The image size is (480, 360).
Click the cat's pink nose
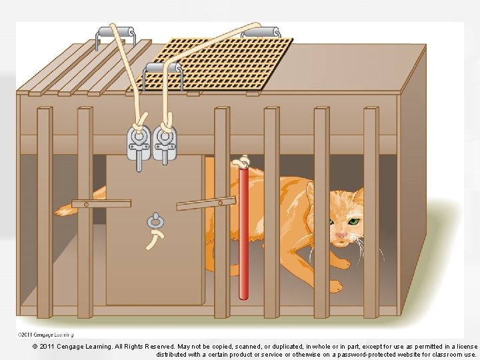(x=341, y=235)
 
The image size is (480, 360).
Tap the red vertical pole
(x=243, y=233)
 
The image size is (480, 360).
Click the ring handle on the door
(x=155, y=221)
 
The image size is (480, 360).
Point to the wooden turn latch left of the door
(x=101, y=203)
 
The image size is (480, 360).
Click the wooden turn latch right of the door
(x=206, y=203)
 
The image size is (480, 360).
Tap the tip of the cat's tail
(x=58, y=211)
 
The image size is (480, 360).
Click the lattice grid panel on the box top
(x=211, y=64)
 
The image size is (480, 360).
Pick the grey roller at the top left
(x=116, y=32)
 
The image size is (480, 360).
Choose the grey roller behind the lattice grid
(x=261, y=32)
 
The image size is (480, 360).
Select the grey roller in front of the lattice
(x=163, y=67)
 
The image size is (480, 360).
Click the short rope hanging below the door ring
(x=155, y=239)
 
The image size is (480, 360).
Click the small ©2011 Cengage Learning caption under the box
(x=45, y=335)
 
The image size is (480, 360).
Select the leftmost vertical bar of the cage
(x=45, y=213)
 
